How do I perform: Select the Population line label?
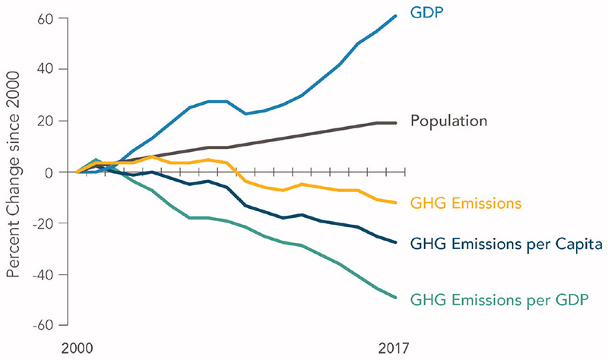pyautogui.click(x=448, y=121)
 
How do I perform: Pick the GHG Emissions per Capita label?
pyautogui.click(x=506, y=245)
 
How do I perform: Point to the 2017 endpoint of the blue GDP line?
pyautogui.click(x=395, y=16)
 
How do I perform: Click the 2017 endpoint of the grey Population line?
pyautogui.click(x=395, y=123)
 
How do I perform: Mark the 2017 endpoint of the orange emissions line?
pyautogui.click(x=395, y=203)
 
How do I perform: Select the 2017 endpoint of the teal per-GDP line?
pyautogui.click(x=395, y=297)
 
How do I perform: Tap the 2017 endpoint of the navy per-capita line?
pyautogui.click(x=395, y=242)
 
